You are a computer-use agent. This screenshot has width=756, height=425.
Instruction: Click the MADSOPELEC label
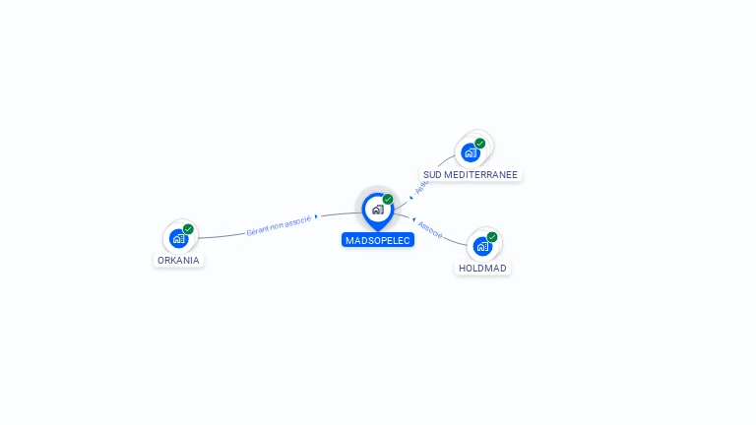tap(378, 240)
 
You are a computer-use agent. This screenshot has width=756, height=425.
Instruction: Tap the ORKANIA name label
tap(178, 261)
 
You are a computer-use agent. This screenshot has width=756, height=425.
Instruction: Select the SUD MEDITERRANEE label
tap(470, 174)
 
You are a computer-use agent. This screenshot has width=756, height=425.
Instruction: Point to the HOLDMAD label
tap(483, 268)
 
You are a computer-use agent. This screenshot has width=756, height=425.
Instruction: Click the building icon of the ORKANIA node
tap(178, 238)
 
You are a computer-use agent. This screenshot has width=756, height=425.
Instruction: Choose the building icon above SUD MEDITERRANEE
tap(471, 152)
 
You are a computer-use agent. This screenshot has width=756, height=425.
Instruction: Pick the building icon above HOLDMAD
tap(482, 246)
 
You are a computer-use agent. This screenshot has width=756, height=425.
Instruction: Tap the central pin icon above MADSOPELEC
tap(377, 210)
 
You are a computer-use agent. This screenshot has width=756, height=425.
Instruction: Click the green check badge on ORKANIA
tap(188, 229)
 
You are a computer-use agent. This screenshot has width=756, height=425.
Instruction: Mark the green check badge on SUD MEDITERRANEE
tap(480, 144)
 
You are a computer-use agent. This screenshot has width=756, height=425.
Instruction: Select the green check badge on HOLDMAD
tap(492, 237)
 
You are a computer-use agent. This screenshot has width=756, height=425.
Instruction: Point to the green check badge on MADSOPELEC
tap(388, 199)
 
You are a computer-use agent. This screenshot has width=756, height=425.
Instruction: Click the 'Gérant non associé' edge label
tap(279, 224)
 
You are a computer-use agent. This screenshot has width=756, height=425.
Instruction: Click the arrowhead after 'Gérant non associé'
tap(316, 216)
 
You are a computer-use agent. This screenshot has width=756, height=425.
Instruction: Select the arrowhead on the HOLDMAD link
tap(413, 218)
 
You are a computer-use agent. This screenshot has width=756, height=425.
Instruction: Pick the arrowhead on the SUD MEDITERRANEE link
tap(411, 198)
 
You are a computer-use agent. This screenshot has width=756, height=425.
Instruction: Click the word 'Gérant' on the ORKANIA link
tap(258, 228)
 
